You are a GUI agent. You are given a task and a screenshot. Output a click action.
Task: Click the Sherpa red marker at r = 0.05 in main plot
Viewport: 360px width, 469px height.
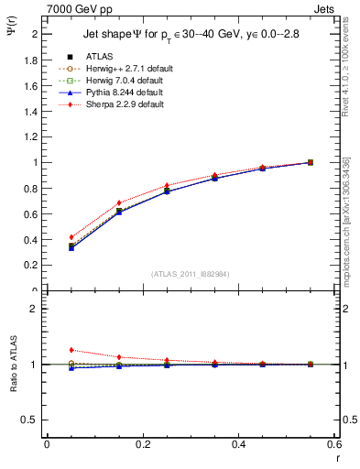click(71, 237)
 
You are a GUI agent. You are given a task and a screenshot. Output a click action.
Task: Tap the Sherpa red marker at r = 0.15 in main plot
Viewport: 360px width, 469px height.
click(119, 202)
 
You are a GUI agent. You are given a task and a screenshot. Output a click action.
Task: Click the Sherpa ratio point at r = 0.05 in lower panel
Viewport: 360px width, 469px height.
click(71, 350)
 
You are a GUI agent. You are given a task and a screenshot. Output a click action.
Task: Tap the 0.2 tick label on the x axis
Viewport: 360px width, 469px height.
click(143, 444)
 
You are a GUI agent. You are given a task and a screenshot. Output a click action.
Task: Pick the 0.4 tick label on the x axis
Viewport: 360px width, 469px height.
click(238, 444)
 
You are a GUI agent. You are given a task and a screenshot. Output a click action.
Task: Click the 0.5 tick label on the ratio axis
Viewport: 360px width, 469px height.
click(32, 420)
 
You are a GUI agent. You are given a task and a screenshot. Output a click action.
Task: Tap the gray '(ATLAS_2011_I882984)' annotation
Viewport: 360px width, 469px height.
click(190, 274)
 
